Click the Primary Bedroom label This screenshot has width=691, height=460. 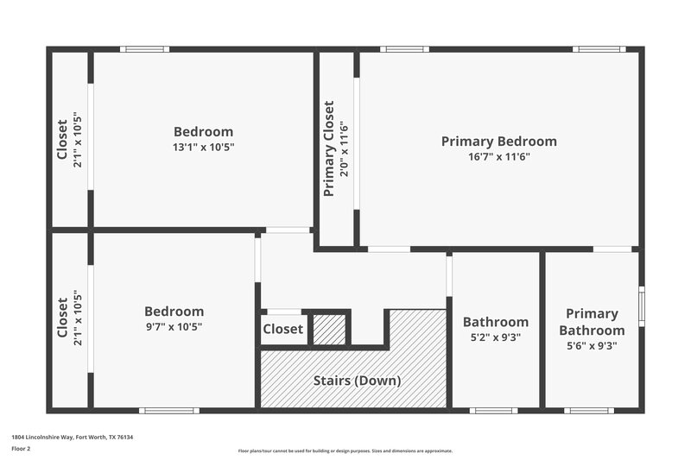click(498, 142)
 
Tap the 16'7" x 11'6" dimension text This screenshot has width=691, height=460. click(498, 157)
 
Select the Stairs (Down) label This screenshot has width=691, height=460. click(356, 380)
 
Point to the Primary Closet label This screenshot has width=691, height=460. click(328, 148)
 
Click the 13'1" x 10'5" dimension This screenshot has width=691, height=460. click(203, 148)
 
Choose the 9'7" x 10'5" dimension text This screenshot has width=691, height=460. click(174, 327)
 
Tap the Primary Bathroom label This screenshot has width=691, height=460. click(592, 322)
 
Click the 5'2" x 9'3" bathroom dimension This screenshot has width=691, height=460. click(495, 337)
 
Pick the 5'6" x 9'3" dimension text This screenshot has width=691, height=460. click(592, 346)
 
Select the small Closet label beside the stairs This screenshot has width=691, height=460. click(282, 329)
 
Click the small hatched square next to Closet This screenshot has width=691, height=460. click(328, 330)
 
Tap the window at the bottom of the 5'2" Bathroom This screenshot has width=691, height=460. click(494, 410)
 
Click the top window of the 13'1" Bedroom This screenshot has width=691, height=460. click(144, 49)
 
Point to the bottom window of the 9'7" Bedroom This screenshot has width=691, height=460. click(164, 410)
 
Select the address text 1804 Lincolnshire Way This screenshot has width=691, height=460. click(72, 438)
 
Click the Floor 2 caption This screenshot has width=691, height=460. click(21, 449)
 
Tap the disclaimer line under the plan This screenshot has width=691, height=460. click(345, 451)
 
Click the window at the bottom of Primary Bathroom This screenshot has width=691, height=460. click(589, 410)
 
